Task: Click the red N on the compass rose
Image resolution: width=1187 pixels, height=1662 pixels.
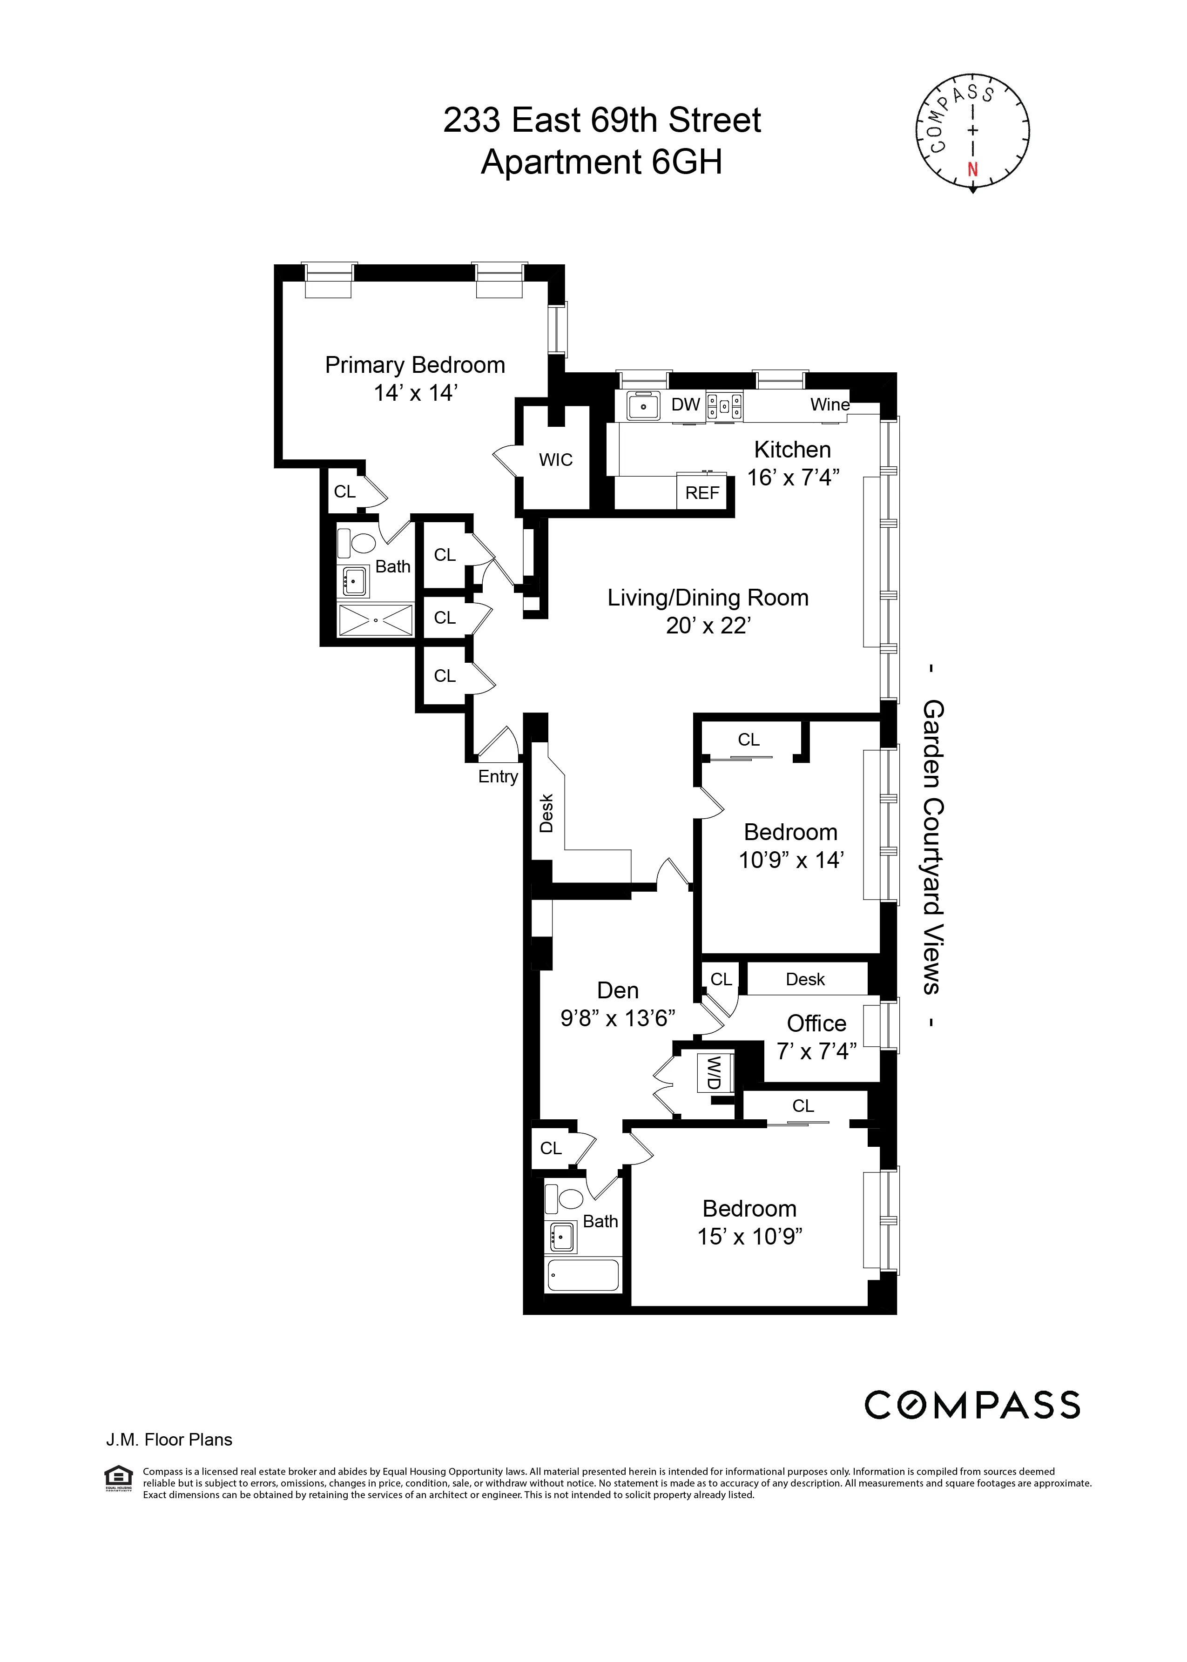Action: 972,169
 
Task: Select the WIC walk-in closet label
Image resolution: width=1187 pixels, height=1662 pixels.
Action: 555,460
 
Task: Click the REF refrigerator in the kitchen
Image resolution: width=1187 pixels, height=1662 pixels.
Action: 701,492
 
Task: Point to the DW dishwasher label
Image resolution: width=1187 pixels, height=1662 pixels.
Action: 686,404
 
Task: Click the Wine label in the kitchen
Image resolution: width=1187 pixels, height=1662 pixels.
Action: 830,404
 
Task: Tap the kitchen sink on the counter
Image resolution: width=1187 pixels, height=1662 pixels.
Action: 644,406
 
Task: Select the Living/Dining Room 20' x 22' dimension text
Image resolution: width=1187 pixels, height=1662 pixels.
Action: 708,626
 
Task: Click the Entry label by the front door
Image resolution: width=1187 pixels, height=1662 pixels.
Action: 498,776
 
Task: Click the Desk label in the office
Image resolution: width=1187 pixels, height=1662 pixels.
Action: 805,979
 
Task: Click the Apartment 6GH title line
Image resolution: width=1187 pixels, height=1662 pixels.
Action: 601,162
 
